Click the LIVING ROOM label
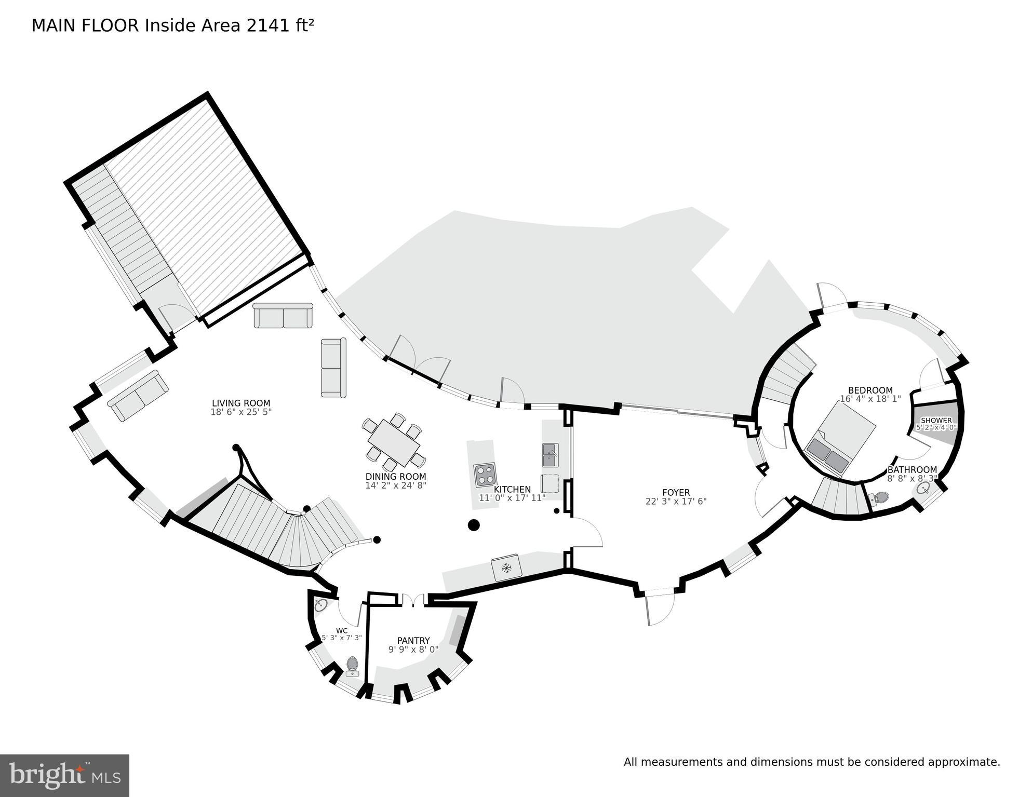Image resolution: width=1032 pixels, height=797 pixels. click(x=241, y=403)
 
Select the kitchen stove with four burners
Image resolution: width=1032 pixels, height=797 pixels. click(x=485, y=475)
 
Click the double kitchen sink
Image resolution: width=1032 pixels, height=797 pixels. click(x=550, y=455)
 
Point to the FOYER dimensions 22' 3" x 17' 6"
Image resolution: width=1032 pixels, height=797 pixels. click(x=676, y=501)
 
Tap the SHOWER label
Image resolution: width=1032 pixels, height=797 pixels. click(x=936, y=421)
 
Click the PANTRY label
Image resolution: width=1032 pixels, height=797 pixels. click(x=413, y=641)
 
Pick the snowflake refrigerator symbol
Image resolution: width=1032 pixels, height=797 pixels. click(x=506, y=567)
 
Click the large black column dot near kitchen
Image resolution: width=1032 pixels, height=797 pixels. click(x=473, y=525)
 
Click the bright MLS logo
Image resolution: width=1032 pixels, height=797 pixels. click(x=64, y=775)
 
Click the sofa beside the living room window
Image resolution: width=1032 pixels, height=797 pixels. click(x=138, y=395)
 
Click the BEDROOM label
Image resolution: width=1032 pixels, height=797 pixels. click(x=870, y=390)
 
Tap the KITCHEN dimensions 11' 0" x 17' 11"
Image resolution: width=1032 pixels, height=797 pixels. click(x=512, y=498)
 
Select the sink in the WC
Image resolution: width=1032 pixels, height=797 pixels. click(x=320, y=605)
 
